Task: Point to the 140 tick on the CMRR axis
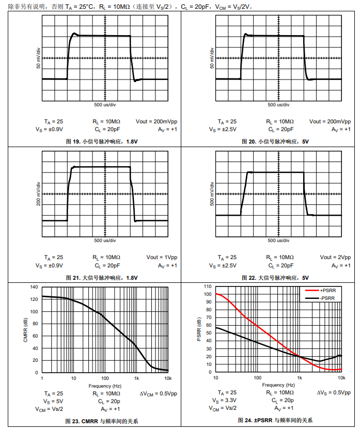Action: click(34, 287)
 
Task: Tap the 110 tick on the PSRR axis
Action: click(207, 286)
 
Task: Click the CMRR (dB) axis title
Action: click(25, 329)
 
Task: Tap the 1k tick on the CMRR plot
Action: click(136, 378)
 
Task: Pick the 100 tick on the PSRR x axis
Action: click(257, 378)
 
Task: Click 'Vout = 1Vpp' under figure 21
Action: click(162, 257)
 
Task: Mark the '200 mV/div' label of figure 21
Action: click(38, 194)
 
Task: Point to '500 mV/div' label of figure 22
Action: click(212, 194)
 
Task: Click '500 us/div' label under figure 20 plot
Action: click(278, 104)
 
